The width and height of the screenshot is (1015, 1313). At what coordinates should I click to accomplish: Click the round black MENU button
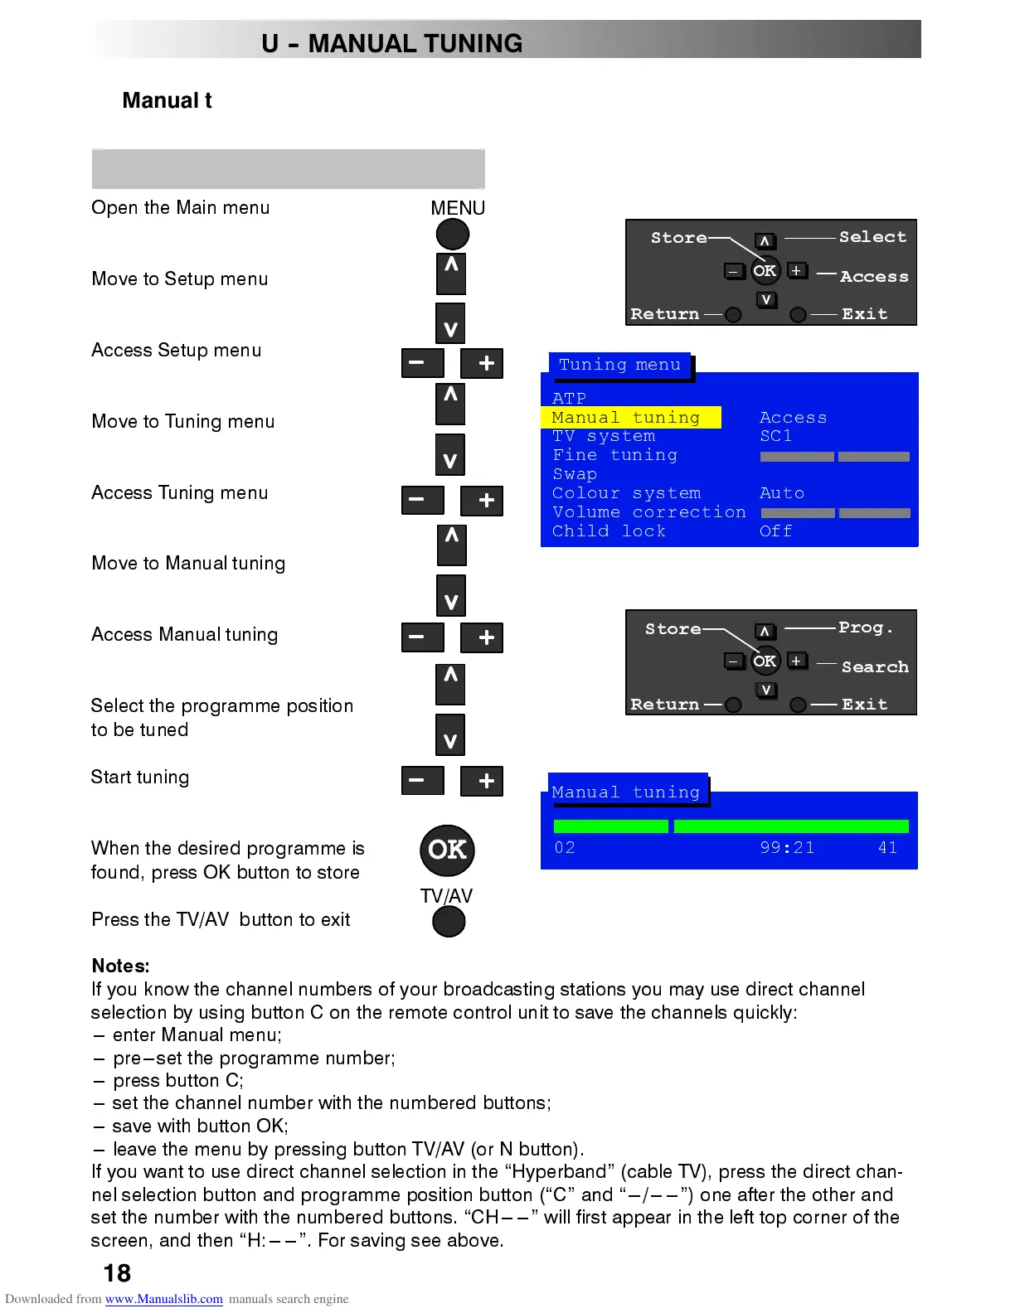[x=453, y=235]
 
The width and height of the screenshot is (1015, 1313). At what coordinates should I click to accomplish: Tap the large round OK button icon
[x=448, y=850]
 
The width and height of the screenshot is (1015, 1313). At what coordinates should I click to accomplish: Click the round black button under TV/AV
[x=449, y=921]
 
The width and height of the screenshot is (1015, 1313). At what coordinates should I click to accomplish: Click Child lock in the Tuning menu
[x=609, y=531]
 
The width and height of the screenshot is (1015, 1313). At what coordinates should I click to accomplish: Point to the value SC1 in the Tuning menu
[x=775, y=436]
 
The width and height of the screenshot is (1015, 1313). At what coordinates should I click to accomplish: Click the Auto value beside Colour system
[x=781, y=493]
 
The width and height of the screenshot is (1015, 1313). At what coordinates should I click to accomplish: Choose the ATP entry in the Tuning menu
[x=569, y=398]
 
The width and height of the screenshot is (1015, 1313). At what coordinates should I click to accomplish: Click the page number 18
[x=117, y=1273]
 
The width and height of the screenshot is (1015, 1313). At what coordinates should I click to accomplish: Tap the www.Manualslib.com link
[x=163, y=1299]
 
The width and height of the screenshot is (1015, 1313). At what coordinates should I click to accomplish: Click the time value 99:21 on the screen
[x=787, y=847]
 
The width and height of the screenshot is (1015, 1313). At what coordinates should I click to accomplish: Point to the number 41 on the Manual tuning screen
[x=887, y=847]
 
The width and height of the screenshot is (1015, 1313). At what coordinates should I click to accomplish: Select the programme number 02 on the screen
[x=565, y=847]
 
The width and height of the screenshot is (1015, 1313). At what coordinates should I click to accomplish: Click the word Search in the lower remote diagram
[x=874, y=667]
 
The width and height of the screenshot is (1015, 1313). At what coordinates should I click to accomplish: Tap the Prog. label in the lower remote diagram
[x=866, y=627]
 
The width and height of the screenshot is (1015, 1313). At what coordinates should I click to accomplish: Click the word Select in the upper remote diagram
[x=872, y=237]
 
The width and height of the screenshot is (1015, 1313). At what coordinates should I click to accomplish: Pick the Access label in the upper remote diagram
[x=874, y=277]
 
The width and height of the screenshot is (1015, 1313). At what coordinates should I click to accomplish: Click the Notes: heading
[x=121, y=966]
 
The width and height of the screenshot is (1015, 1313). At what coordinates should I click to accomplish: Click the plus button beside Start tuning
[x=486, y=781]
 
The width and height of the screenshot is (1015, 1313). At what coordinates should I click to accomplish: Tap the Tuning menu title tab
[x=619, y=365]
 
